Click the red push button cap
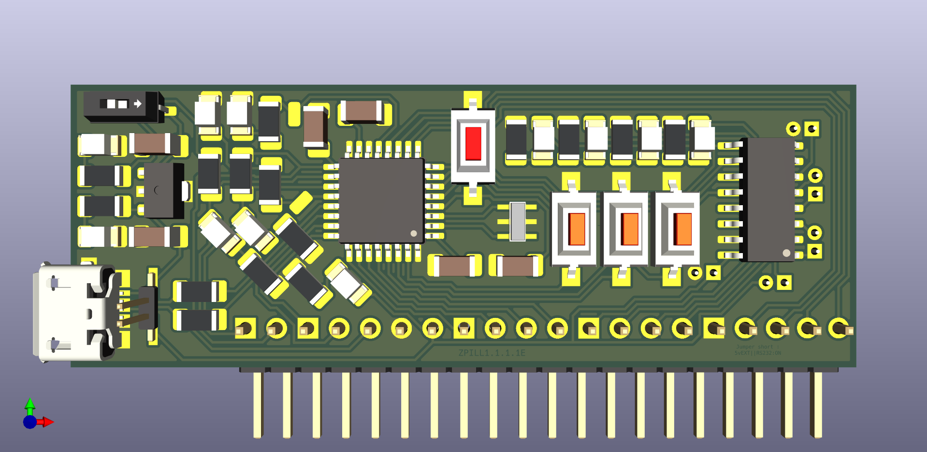[x=473, y=143]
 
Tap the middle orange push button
[x=629, y=229]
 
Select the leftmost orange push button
[x=577, y=229]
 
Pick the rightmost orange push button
[x=682, y=229]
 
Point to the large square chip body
[x=381, y=200]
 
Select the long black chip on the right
[x=770, y=199]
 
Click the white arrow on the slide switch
[x=138, y=104]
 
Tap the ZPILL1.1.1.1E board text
[x=492, y=353]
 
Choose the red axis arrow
[x=47, y=422]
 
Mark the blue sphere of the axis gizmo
[x=29, y=422]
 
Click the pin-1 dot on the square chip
[x=414, y=233]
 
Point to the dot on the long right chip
[x=786, y=253]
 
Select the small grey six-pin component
[x=518, y=221]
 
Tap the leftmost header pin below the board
[x=258, y=404]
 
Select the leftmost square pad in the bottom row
[x=245, y=328]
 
